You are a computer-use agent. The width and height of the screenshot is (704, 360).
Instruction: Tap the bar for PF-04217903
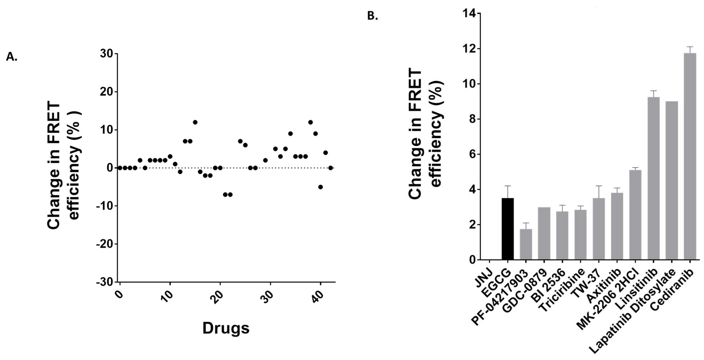click(526, 244)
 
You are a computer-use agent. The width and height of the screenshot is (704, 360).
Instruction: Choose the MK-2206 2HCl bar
click(635, 215)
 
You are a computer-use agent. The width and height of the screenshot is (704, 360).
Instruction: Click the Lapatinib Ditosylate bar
click(672, 180)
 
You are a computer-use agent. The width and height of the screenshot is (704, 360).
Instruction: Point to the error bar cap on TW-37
click(599, 186)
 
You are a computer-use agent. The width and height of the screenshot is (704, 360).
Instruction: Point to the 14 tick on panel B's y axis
click(470, 13)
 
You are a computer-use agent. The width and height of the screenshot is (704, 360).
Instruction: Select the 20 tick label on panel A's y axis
click(107, 92)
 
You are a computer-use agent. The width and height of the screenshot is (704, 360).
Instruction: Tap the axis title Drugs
click(226, 328)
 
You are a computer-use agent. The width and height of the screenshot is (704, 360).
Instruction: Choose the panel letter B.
click(372, 16)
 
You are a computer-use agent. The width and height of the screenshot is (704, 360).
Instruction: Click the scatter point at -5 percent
click(320, 187)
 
